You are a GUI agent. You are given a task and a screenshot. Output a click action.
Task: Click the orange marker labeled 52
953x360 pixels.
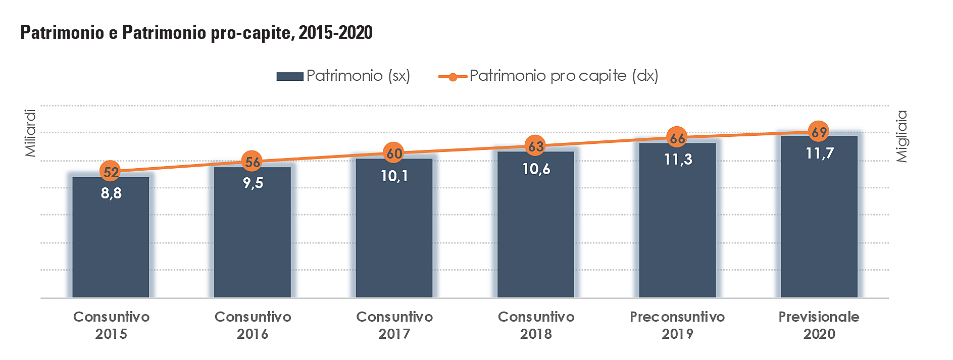[x=111, y=172]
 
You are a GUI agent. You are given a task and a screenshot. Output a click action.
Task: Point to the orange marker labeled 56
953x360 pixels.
[x=252, y=162]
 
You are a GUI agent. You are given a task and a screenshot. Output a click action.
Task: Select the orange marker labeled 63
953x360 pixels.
[x=535, y=146]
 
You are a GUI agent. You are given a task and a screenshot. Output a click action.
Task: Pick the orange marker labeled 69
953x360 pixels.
[x=819, y=132]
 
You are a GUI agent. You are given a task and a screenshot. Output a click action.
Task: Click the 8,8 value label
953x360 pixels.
[x=111, y=193]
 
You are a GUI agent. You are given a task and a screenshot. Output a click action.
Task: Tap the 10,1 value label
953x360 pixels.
[x=394, y=176]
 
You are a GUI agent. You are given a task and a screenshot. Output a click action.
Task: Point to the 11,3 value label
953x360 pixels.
[x=678, y=160]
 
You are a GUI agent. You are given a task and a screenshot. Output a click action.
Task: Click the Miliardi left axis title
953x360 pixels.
[x=30, y=133]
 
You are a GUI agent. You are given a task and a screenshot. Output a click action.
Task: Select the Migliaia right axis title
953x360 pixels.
[x=901, y=136]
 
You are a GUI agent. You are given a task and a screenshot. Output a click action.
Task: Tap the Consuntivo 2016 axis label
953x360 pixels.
[x=253, y=325]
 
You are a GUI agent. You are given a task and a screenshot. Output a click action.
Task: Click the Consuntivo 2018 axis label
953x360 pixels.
[x=536, y=325]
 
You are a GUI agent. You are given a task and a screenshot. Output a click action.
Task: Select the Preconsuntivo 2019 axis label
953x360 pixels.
[x=677, y=325]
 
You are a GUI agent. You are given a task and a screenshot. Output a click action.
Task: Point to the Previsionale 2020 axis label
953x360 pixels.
[x=819, y=325]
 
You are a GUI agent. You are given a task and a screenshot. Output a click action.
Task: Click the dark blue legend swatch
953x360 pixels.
[x=289, y=76]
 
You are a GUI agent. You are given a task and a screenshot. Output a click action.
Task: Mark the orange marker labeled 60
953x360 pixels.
[x=394, y=152]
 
